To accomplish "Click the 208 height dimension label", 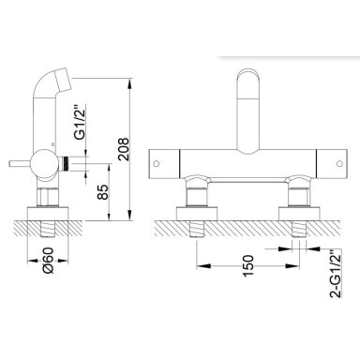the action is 124,149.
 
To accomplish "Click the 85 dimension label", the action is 103,192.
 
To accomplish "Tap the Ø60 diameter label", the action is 49,261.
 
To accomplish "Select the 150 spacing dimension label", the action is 247,265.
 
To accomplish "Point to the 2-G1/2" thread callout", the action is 337,274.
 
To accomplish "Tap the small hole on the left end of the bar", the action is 157,163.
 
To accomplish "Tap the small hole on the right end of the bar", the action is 339,163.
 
